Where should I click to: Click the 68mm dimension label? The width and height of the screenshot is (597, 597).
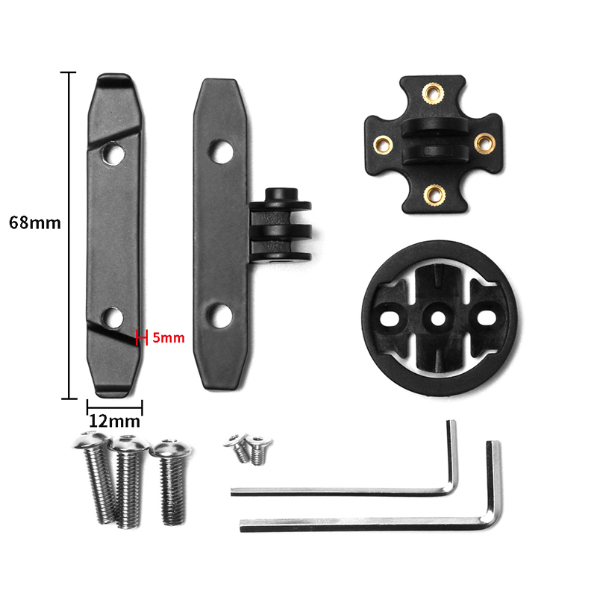[x=34, y=222]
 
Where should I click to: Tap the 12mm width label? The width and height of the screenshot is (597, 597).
[x=115, y=421]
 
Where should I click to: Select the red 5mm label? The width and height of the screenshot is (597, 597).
[x=169, y=338]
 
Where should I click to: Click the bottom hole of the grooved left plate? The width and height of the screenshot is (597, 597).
[x=113, y=318]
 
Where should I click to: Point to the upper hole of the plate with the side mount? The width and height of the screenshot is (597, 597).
[x=221, y=151]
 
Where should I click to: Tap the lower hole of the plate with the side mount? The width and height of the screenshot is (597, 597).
[x=220, y=315]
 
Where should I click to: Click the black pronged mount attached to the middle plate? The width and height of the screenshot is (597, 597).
[x=281, y=225]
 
